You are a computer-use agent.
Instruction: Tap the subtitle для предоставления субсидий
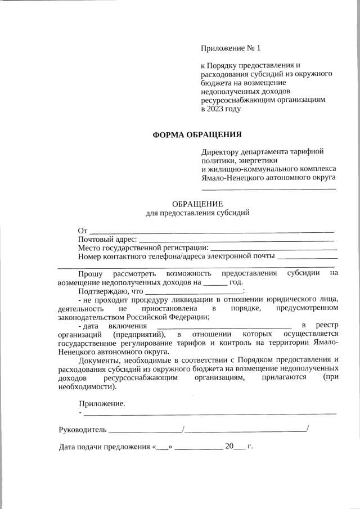(197, 213)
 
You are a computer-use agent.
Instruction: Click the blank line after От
(211, 231)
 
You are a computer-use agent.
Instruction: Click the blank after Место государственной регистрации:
(273, 248)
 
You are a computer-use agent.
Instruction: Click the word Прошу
(91, 273)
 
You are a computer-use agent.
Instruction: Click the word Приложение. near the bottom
(102, 403)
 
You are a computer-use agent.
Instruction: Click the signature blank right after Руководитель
(145, 430)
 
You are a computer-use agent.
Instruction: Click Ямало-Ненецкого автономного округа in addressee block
(268, 177)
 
